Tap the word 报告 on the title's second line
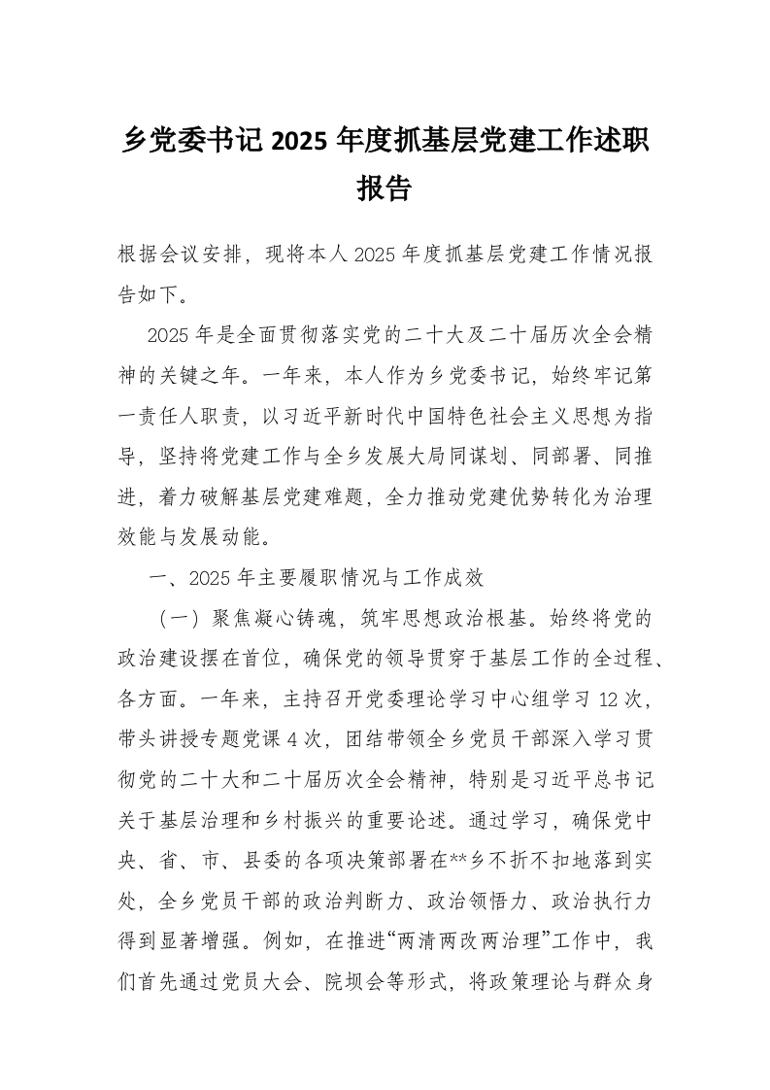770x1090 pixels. click(385, 187)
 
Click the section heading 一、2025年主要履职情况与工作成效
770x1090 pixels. click(315, 579)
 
